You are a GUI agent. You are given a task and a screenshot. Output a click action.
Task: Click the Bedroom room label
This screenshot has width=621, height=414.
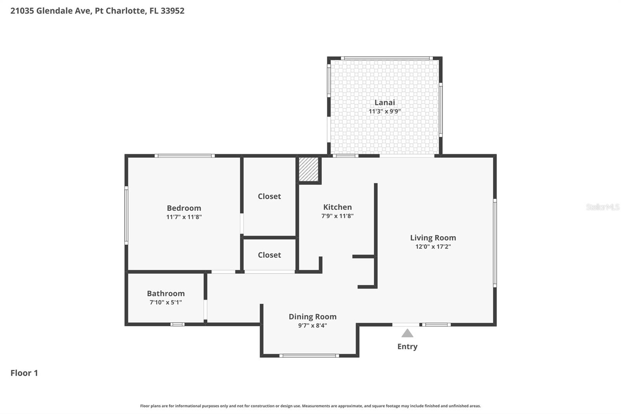(184, 208)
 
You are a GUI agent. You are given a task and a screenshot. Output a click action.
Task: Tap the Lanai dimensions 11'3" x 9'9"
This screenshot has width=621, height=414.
(384, 111)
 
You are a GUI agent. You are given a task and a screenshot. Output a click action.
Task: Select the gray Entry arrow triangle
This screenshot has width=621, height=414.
(407, 333)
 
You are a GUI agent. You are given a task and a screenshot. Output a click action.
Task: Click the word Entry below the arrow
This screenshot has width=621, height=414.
(407, 346)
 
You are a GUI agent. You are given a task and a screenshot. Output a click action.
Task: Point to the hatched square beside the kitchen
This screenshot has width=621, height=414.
(309, 169)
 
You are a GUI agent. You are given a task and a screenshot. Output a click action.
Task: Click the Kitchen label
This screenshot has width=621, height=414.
(337, 207)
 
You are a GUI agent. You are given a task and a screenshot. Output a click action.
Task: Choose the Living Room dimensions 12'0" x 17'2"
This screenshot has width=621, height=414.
(433, 247)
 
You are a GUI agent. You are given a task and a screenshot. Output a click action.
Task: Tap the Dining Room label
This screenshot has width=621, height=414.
(312, 317)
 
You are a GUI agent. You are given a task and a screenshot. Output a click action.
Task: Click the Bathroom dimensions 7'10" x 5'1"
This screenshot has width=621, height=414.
(166, 302)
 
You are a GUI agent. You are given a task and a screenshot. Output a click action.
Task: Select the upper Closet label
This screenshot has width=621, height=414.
(269, 196)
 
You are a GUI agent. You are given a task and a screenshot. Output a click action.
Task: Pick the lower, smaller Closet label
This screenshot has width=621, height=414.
(269, 255)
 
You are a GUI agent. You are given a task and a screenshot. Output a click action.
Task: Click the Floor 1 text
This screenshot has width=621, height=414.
(24, 373)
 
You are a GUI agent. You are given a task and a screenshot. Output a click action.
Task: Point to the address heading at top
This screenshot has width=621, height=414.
(97, 10)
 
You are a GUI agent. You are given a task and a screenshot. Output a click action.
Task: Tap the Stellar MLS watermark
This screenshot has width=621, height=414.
(602, 207)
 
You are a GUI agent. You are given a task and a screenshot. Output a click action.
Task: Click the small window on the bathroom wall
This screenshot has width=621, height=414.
(177, 324)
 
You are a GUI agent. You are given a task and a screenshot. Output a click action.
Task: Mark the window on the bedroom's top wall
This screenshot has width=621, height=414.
(185, 156)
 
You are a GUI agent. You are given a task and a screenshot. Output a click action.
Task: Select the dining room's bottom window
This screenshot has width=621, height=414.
(309, 356)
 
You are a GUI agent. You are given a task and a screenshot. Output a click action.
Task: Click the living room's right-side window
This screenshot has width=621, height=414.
(495, 243)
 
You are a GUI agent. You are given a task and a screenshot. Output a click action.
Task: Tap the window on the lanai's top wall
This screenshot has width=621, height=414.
(387, 58)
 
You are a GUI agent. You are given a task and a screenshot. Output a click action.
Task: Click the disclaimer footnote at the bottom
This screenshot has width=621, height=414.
(310, 406)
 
